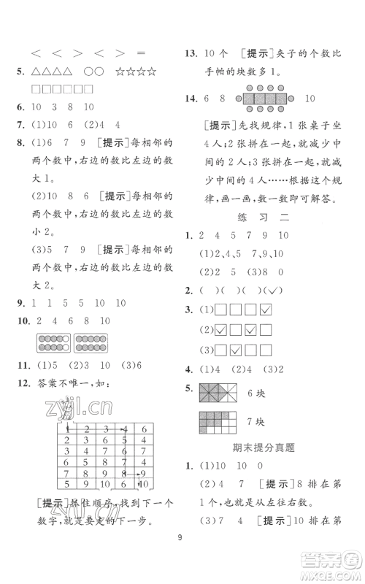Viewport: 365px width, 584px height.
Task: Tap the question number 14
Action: (x=189, y=98)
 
